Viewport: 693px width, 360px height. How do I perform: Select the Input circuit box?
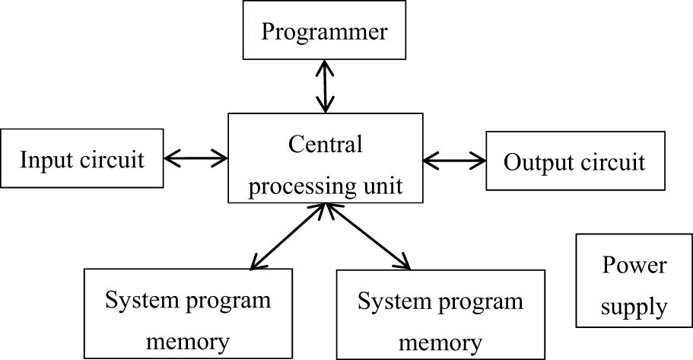[x=82, y=160]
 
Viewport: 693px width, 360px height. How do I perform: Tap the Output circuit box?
[x=574, y=161]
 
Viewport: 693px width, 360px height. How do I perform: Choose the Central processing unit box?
[x=326, y=158]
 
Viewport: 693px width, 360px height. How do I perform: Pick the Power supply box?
[x=634, y=286]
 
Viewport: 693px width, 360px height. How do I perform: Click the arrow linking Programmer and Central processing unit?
[x=326, y=85]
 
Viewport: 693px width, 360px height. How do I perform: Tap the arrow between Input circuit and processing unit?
[x=196, y=158]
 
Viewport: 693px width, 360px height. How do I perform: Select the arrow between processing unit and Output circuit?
[x=454, y=160]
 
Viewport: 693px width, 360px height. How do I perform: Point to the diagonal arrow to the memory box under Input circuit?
[x=289, y=236]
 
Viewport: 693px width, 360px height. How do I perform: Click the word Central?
[x=326, y=144]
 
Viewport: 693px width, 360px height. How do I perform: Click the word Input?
[x=44, y=161]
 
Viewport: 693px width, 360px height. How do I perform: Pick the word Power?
[x=634, y=266]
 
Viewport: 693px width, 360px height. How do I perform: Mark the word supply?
[x=634, y=308]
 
